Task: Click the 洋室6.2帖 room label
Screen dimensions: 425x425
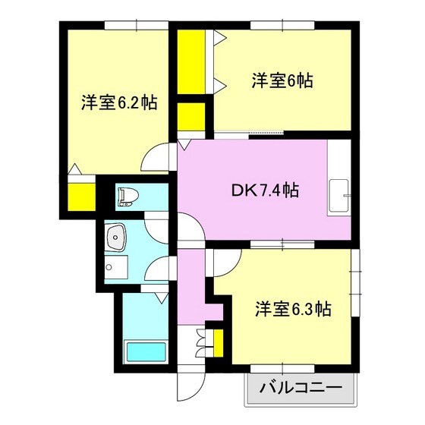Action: tap(118, 102)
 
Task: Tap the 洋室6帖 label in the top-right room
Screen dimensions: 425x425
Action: tap(282, 79)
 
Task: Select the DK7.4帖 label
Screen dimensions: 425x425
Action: tap(265, 191)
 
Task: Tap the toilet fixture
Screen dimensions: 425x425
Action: tap(126, 197)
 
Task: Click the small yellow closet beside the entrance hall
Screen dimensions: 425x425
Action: tap(218, 342)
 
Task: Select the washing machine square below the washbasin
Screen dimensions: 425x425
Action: tap(116, 266)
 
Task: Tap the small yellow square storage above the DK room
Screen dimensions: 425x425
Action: tap(192, 118)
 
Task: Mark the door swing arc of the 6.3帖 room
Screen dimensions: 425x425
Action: tap(225, 263)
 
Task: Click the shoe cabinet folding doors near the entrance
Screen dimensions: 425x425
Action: tap(201, 342)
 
